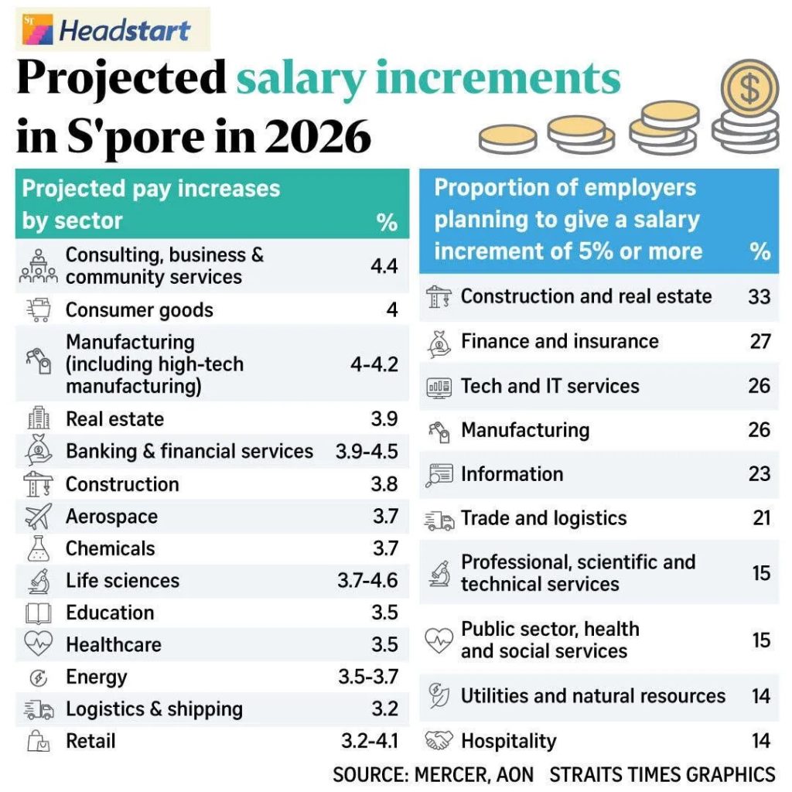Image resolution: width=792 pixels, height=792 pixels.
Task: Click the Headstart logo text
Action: (x=124, y=31)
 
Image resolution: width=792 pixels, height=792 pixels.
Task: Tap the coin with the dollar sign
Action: (x=749, y=89)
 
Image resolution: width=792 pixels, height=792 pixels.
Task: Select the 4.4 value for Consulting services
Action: (x=384, y=266)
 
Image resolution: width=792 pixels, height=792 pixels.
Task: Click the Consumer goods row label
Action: (x=139, y=310)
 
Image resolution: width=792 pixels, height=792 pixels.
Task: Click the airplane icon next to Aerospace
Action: (x=38, y=516)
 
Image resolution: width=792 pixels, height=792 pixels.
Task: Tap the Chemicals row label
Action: (x=110, y=548)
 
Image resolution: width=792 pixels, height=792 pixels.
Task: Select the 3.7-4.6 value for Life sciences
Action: (x=367, y=581)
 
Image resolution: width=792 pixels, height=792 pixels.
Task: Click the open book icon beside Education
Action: (x=38, y=613)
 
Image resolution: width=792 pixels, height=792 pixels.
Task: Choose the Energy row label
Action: (x=96, y=678)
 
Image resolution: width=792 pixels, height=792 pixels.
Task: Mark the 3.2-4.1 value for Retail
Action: (x=370, y=742)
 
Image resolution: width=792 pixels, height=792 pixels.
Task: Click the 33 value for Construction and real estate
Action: (x=759, y=296)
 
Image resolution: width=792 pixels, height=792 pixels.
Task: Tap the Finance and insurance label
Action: (x=559, y=341)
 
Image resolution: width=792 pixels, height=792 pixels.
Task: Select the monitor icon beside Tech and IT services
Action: (x=439, y=387)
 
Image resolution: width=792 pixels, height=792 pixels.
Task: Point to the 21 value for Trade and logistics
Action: (x=761, y=518)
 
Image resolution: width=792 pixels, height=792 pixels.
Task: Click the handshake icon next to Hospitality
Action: (x=439, y=741)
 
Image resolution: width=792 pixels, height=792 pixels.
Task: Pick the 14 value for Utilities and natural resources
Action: (x=761, y=696)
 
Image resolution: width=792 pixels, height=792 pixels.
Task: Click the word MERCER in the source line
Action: (x=450, y=773)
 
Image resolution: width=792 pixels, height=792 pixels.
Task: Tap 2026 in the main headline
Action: (x=317, y=136)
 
